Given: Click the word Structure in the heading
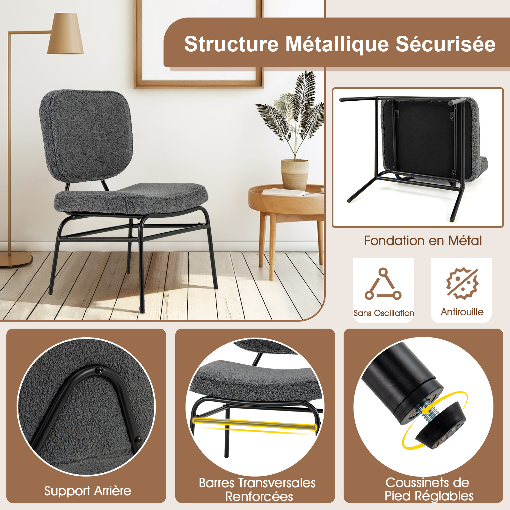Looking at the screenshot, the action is (x=231, y=44).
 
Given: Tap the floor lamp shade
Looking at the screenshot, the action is (x=66, y=33).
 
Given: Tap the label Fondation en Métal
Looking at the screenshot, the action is (x=423, y=241).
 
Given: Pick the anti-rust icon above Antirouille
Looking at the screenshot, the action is (x=462, y=283).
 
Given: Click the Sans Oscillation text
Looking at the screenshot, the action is (x=384, y=313).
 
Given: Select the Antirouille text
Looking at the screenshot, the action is (x=462, y=312).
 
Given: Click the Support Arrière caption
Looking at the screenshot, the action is (x=88, y=491).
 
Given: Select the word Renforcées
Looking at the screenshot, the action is (x=259, y=497).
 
